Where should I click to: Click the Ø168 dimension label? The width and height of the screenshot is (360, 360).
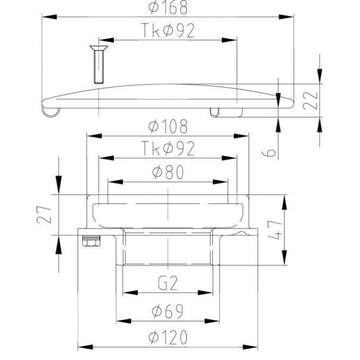coord(168,7)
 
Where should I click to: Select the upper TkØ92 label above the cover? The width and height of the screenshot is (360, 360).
coord(168,31)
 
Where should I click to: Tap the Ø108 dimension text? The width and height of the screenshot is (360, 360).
coord(168,127)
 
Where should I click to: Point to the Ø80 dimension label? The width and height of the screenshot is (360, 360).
coord(168,172)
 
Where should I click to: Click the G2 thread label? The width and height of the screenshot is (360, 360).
coord(168,283)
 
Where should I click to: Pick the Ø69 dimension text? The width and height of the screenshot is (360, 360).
coord(167,311)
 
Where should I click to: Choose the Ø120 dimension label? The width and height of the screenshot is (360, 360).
coord(168,337)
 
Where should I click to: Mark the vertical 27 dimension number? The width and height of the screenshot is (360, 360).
coord(44,215)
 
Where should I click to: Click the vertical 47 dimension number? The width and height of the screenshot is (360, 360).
coord(275,230)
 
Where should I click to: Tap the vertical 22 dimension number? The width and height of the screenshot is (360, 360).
coord(310,101)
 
